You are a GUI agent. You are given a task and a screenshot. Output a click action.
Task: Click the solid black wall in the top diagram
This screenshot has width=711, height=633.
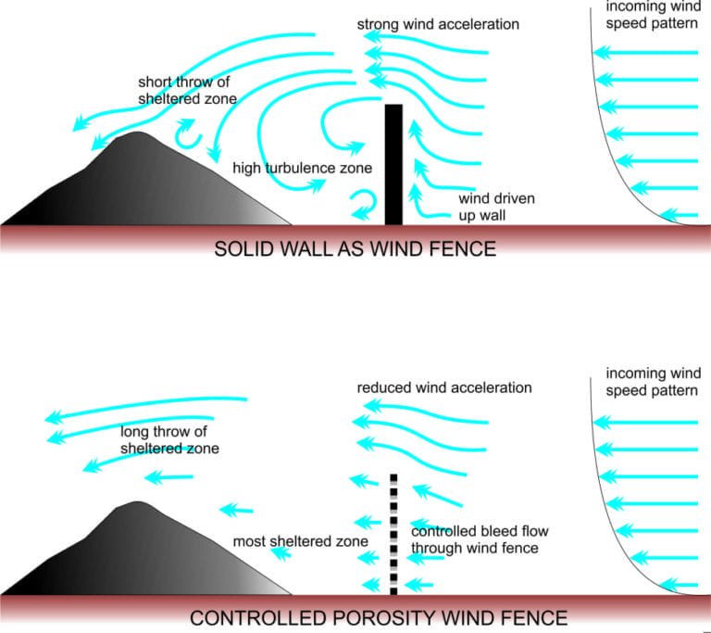[393, 164]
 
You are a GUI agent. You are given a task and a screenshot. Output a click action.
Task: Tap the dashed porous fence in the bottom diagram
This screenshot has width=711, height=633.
[393, 534]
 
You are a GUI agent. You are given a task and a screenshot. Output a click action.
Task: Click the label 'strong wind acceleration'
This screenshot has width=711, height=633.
[438, 23]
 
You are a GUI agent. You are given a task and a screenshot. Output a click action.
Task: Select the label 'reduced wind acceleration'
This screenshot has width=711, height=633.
[444, 387]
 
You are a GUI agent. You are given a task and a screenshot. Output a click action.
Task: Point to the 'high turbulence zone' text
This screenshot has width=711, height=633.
[302, 169]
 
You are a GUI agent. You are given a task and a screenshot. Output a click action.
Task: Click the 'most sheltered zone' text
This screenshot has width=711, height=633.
[301, 540]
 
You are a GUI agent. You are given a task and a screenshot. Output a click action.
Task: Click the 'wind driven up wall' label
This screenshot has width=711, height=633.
[496, 207]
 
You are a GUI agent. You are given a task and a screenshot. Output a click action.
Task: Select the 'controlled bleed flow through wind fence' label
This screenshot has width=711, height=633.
[474, 539]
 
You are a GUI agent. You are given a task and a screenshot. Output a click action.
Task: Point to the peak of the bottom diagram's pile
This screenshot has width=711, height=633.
[137, 504]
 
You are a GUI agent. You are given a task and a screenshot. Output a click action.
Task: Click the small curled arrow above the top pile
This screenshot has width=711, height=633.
[190, 135]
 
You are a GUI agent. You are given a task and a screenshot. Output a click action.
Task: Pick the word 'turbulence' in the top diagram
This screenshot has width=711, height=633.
[304, 169]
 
